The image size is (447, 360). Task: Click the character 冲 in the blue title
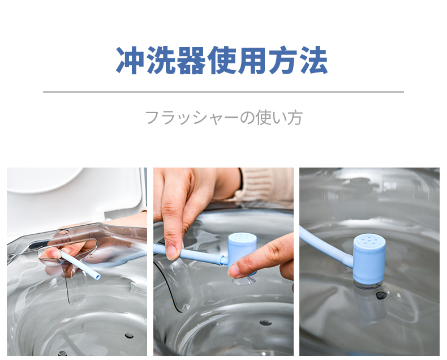point(130,60)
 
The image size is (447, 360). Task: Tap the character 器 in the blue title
point(191,60)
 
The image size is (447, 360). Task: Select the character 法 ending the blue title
point(314,60)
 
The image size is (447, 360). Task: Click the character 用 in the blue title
point(252,60)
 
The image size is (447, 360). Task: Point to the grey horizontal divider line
point(223,92)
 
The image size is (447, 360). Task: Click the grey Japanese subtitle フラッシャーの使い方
point(224,117)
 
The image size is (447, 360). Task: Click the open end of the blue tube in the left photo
point(97,276)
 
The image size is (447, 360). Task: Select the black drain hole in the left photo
point(129,336)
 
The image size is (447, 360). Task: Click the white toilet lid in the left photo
point(46,179)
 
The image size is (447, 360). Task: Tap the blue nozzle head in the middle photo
point(242,250)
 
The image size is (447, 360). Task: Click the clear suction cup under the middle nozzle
point(244,280)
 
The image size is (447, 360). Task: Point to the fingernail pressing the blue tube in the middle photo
point(172,252)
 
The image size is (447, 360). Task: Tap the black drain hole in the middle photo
point(265,323)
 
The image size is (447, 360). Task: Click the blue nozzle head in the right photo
point(369,259)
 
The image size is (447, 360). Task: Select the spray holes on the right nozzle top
point(369,239)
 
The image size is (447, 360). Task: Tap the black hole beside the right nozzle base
point(381,295)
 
